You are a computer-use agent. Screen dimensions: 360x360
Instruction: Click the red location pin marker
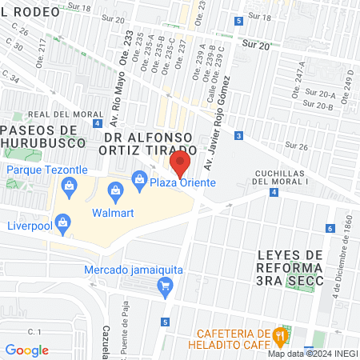(181, 164)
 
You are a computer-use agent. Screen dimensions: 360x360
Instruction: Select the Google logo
(26, 350)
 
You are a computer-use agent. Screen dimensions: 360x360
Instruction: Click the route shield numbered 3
(239, 136)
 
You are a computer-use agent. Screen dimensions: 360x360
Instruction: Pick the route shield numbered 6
(330, 229)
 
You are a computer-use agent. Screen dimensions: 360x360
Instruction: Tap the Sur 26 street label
(297, 146)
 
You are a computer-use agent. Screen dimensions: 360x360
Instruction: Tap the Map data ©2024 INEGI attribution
(312, 353)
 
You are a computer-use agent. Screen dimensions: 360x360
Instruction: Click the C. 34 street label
(11, 77)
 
